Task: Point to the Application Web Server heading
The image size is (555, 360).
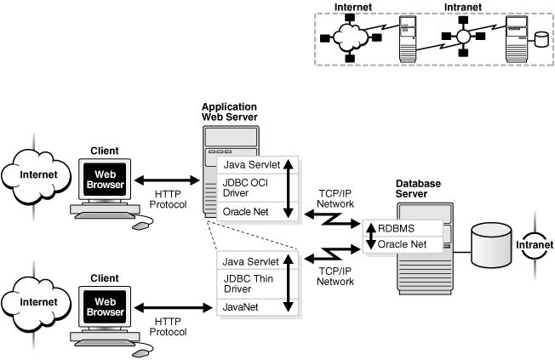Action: (x=229, y=111)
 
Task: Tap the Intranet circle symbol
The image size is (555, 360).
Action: (x=534, y=247)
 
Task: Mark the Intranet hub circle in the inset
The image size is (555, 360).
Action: (x=462, y=37)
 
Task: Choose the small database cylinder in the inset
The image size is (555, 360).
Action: (x=541, y=38)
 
